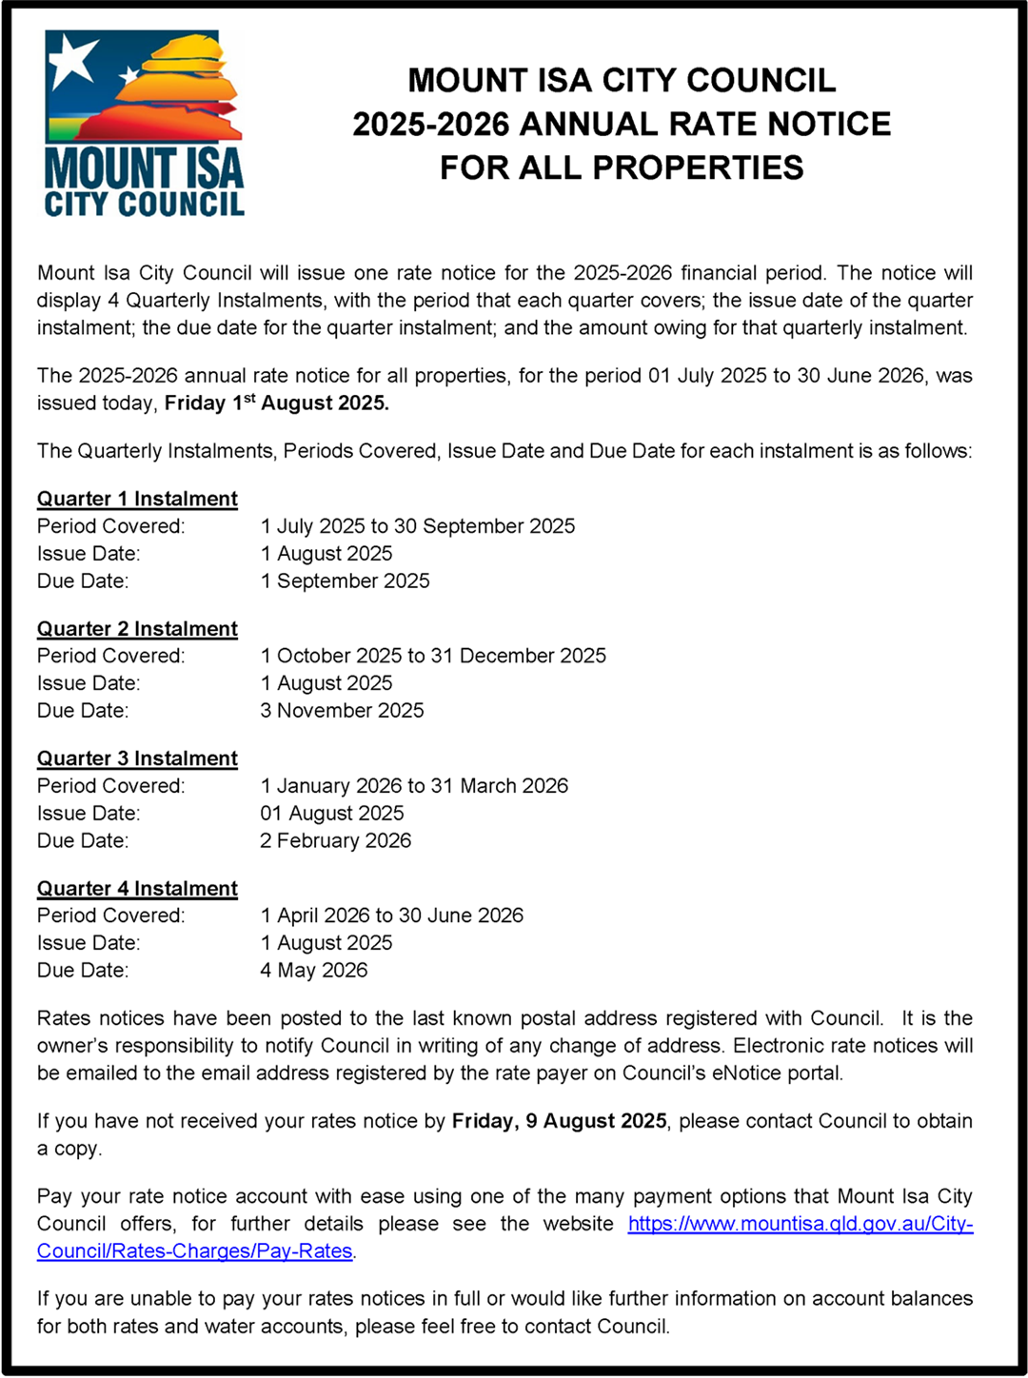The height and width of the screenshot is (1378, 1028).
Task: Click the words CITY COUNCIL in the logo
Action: tap(145, 204)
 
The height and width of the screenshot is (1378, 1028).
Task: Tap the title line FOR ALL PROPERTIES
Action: tap(622, 167)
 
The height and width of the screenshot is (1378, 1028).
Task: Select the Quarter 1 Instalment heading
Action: tap(137, 499)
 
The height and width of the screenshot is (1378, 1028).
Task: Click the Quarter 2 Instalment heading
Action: tap(137, 629)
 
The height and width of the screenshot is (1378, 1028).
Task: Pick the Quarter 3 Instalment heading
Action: tap(137, 758)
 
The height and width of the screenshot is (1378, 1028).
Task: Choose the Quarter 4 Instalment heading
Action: tap(137, 888)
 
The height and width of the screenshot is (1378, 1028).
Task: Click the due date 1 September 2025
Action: tap(345, 581)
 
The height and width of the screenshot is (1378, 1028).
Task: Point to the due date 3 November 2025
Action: tap(342, 710)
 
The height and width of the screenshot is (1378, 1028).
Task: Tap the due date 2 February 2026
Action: tap(336, 840)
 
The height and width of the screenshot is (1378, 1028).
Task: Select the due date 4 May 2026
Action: tap(314, 970)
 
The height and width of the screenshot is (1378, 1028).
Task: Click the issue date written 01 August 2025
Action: tap(332, 813)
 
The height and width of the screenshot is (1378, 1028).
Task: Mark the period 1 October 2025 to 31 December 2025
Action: tap(433, 656)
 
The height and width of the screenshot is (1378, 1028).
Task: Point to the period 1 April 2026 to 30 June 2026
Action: tap(392, 915)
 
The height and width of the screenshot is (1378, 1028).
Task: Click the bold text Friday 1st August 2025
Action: tap(277, 403)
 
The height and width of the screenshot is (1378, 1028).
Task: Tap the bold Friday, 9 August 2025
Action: tap(559, 1121)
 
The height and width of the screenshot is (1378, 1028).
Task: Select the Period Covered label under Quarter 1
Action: tap(111, 526)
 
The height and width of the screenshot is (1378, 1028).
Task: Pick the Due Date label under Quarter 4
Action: tap(83, 970)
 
